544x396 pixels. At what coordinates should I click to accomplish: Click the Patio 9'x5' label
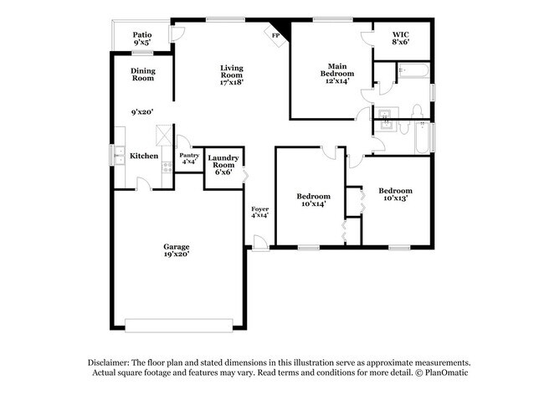click(142, 38)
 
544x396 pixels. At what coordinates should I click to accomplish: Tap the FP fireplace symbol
click(274, 34)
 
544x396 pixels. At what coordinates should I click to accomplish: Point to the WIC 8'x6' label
click(400, 38)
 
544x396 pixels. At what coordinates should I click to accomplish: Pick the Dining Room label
click(142, 75)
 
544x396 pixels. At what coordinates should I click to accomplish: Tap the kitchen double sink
click(118, 156)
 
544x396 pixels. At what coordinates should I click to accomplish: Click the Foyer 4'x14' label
click(259, 212)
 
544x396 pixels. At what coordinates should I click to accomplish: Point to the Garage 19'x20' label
click(176, 250)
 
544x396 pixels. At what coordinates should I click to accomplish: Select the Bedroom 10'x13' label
click(394, 194)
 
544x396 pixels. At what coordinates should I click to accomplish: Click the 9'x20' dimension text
click(141, 111)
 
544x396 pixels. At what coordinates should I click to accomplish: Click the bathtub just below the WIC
click(412, 71)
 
